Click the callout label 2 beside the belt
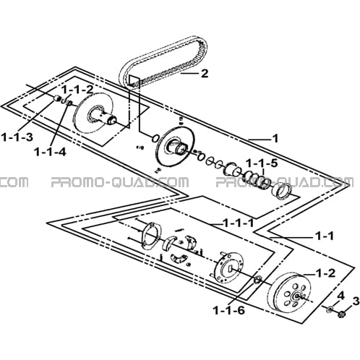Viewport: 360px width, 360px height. [x=205, y=73]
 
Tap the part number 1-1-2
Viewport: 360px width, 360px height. [x=77, y=90]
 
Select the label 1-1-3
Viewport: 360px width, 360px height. [x=17, y=137]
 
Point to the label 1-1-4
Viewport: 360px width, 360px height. [x=50, y=152]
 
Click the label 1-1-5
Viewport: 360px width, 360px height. [x=262, y=163]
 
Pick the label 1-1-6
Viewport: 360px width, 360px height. [x=229, y=310]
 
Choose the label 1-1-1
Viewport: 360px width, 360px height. [x=239, y=223]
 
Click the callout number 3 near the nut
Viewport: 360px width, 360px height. [x=354, y=301]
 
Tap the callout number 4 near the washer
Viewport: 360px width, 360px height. [x=341, y=295]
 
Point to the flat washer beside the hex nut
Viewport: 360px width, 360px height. [x=330, y=309]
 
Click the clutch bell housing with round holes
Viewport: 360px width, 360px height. [x=291, y=293]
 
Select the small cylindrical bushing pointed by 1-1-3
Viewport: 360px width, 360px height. [x=57, y=98]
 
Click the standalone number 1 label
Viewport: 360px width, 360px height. [x=275, y=139]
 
